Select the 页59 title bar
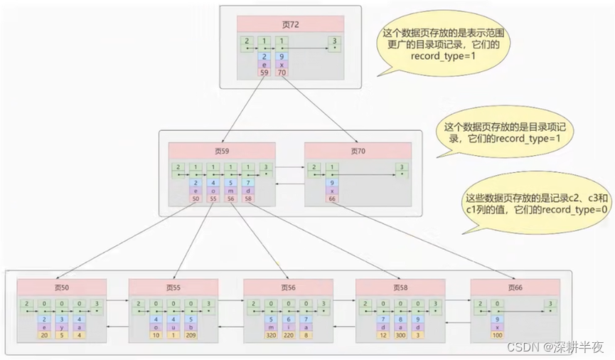click(x=221, y=151)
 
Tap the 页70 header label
click(x=358, y=151)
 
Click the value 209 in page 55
click(x=189, y=334)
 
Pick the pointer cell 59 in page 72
click(x=264, y=72)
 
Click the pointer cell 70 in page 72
click(x=282, y=72)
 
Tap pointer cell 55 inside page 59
click(x=213, y=199)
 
